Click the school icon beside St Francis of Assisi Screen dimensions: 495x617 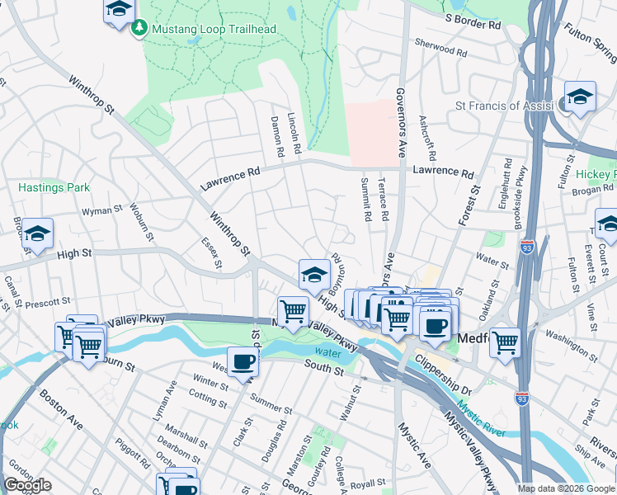[580, 97]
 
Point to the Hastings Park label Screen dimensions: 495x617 [54, 187]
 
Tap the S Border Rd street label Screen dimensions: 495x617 [473, 21]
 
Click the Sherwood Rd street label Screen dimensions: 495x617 [441, 49]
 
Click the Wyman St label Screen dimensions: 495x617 [101, 211]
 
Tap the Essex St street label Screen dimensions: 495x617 [211, 253]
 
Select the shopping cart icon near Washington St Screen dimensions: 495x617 [505, 342]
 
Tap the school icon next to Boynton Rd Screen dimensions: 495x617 [313, 274]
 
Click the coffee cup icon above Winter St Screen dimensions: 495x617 [243, 362]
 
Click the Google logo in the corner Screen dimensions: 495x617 [27, 485]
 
